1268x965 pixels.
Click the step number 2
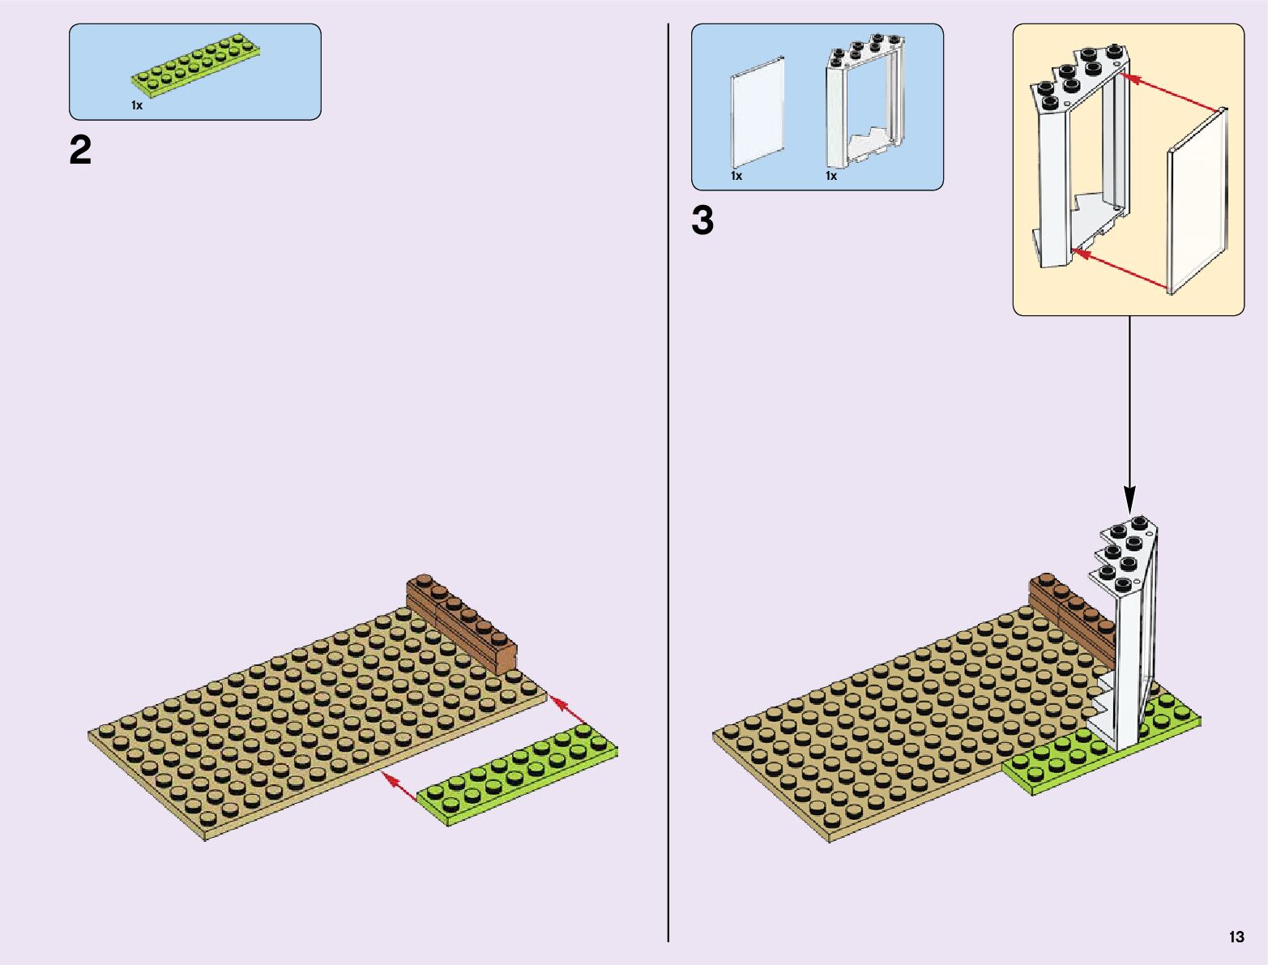click(81, 151)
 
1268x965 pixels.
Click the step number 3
click(702, 221)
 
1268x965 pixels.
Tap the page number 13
click(1236, 937)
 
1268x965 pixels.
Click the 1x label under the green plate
click(137, 105)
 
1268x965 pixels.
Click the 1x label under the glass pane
click(736, 176)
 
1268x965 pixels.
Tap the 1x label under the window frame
click(831, 176)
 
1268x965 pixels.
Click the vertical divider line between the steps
click(668, 486)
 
